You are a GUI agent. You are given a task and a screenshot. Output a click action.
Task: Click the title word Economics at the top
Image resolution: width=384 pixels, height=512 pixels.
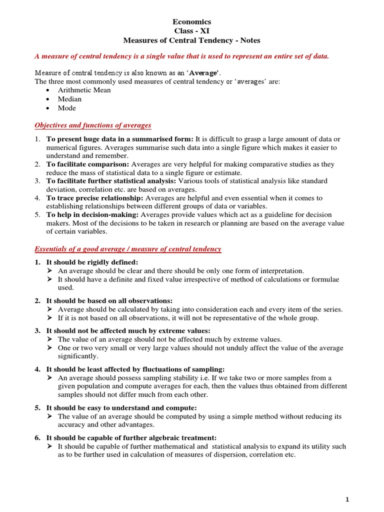(x=192, y=22)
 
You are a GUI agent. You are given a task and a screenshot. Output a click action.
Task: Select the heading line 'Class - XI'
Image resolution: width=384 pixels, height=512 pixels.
(x=192, y=31)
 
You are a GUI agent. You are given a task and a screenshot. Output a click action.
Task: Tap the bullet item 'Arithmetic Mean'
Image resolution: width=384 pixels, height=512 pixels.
(x=84, y=90)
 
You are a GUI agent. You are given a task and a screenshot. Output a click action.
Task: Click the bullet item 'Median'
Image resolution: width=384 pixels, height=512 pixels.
(x=69, y=99)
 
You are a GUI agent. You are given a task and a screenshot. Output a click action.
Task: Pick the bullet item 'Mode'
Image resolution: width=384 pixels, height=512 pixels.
(x=67, y=108)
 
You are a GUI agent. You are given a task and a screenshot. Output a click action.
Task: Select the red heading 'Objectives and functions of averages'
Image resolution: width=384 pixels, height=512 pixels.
(x=92, y=125)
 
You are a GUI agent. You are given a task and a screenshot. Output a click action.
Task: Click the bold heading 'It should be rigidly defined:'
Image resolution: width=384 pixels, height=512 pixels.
(x=92, y=262)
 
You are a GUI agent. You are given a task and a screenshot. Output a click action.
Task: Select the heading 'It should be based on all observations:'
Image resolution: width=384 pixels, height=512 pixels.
(x=109, y=300)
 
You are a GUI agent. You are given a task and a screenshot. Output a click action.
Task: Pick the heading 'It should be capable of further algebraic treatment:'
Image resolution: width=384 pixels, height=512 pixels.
(x=131, y=437)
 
